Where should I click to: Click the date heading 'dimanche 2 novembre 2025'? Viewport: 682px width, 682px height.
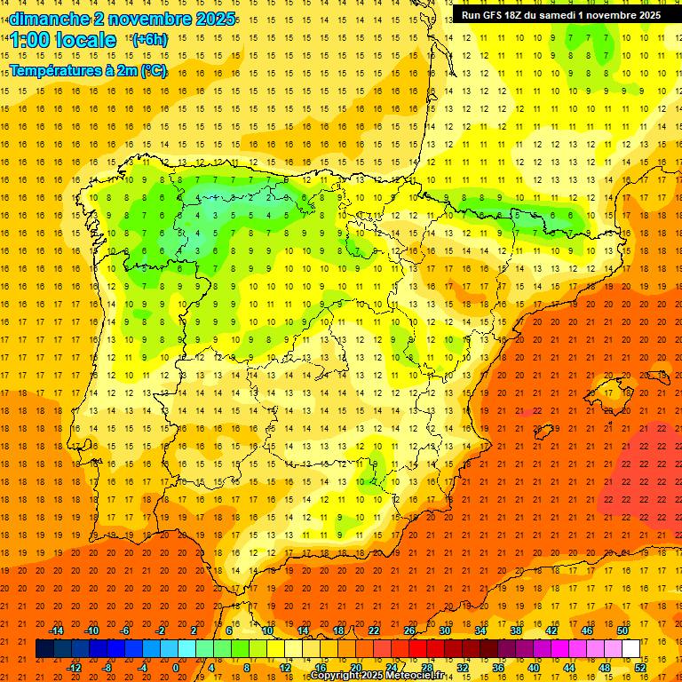click(123, 18)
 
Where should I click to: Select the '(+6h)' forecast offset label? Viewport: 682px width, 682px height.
click(148, 39)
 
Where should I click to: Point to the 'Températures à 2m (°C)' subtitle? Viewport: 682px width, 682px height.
click(87, 69)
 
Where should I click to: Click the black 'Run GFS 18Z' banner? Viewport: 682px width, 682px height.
click(560, 15)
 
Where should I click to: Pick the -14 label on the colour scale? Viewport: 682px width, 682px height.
click(56, 630)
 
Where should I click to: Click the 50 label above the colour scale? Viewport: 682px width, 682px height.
click(622, 630)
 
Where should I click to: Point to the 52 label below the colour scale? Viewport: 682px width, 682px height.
click(639, 667)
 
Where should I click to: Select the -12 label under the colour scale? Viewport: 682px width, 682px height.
click(74, 667)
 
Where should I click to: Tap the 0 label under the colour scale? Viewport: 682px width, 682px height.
click(176, 667)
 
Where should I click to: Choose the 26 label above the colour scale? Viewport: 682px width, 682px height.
click(409, 630)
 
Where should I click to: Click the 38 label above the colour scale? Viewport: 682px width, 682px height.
click(515, 630)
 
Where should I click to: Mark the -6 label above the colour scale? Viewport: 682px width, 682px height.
click(125, 630)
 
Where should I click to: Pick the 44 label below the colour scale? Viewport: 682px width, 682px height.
click(568, 667)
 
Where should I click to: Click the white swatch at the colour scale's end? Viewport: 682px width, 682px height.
click(630, 649)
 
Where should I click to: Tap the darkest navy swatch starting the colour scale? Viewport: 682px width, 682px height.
click(44, 649)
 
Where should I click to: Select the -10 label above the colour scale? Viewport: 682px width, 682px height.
click(91, 630)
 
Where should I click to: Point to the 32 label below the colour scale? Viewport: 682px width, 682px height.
click(462, 667)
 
